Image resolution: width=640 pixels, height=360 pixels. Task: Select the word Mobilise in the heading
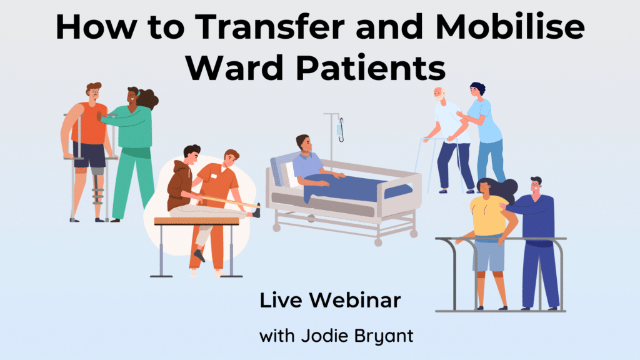510,26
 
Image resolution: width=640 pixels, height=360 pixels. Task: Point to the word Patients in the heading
371,67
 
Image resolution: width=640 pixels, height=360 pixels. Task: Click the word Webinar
355,301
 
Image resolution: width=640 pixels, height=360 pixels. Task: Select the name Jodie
324,336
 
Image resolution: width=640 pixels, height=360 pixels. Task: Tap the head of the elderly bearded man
439,94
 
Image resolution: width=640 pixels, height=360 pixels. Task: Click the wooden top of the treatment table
196,221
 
